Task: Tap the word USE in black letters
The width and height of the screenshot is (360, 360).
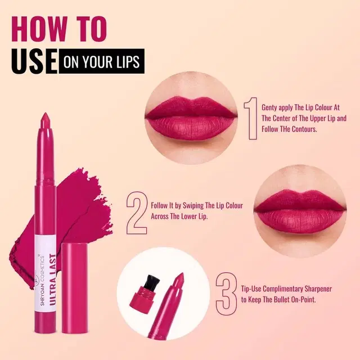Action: pyautogui.click(x=34, y=61)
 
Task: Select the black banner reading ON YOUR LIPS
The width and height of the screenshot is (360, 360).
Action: pyautogui.click(x=101, y=61)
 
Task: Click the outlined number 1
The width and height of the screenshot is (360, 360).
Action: pyautogui.click(x=251, y=119)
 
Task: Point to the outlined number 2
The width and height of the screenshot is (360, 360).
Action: pyautogui.click(x=137, y=213)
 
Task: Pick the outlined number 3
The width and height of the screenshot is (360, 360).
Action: pyautogui.click(x=226, y=294)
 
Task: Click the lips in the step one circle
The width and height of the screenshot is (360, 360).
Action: pyautogui.click(x=191, y=118)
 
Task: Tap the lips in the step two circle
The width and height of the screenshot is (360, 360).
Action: pyautogui.click(x=300, y=211)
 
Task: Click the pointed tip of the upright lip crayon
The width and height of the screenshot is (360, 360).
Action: pyautogui.click(x=45, y=114)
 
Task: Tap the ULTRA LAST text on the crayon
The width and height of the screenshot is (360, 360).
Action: pyautogui.click(x=52, y=280)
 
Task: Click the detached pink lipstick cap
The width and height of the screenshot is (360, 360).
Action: pyautogui.click(x=75, y=288)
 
